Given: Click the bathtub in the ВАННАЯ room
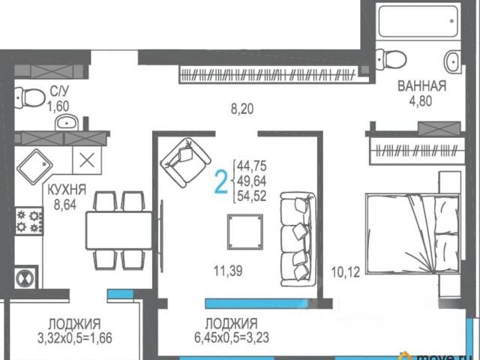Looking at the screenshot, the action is (x=418, y=21).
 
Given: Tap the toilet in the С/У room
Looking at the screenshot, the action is (x=30, y=97).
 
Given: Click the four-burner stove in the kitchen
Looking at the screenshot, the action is (x=29, y=221).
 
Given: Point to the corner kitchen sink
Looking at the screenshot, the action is (x=35, y=166).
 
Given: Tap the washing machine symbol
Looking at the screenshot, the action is (x=25, y=279).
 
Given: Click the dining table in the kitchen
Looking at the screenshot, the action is (x=119, y=230).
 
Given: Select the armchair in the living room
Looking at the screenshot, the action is (x=186, y=163).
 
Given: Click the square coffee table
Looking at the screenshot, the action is (x=245, y=232).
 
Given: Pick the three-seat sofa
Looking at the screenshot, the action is (x=298, y=239).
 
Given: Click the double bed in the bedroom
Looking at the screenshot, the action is (x=413, y=233).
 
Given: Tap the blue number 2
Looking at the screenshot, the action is (x=221, y=181).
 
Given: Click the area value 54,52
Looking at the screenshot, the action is (x=252, y=196).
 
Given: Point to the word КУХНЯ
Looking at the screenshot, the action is (x=67, y=190).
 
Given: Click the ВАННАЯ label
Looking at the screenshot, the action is (x=421, y=86).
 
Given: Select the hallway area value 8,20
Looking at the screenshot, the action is (x=242, y=109).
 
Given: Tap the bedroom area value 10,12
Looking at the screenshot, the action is (x=346, y=271).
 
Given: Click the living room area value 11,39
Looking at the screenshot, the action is (x=228, y=271).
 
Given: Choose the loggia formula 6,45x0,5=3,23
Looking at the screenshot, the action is (x=232, y=337).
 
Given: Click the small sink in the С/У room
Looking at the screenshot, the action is (x=67, y=122).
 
